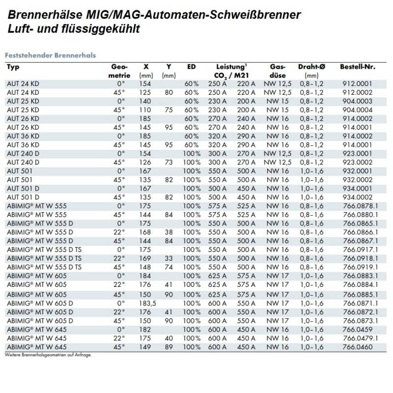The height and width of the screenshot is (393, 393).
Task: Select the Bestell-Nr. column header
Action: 357,67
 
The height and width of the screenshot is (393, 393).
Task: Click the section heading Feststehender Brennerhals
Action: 50,56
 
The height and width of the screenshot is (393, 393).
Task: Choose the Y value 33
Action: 168,258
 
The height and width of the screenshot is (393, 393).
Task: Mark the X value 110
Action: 146,110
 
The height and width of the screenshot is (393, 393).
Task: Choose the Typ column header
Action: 13,67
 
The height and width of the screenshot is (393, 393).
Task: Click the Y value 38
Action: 168,232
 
